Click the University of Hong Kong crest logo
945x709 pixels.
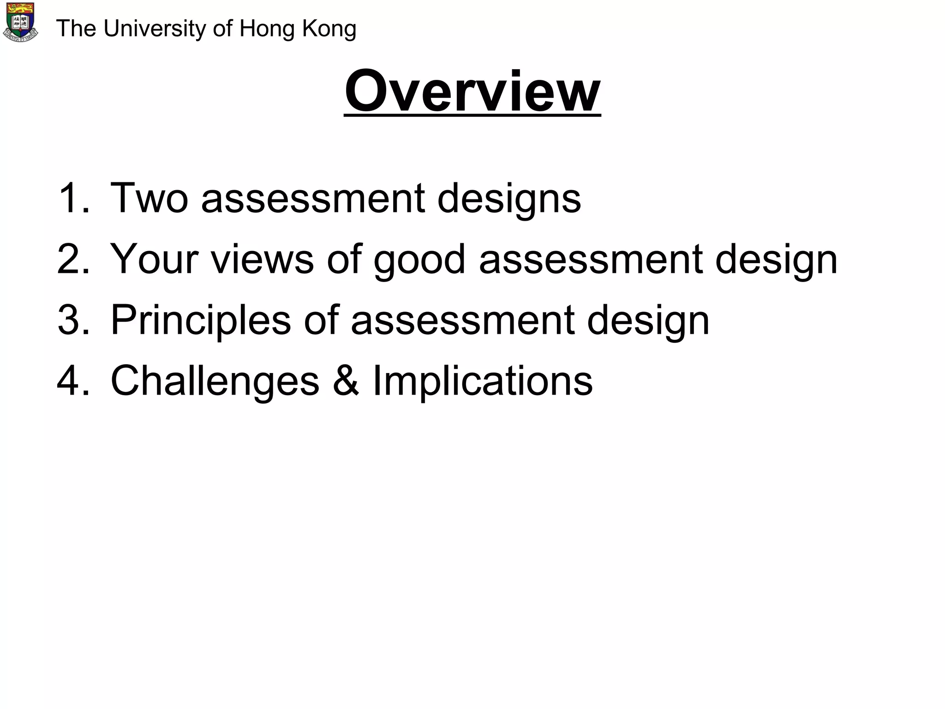(x=20, y=22)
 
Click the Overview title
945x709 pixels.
(x=472, y=91)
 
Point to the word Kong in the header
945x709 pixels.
(x=329, y=29)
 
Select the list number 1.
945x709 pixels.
(x=73, y=198)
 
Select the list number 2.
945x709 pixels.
(x=73, y=259)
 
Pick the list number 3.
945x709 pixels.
(x=73, y=320)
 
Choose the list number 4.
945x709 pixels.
(x=73, y=381)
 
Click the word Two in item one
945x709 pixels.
(x=149, y=198)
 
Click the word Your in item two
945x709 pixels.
(x=154, y=259)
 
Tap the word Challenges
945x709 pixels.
(x=215, y=382)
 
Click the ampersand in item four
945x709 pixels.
(x=346, y=381)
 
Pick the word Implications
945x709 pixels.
(x=482, y=382)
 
